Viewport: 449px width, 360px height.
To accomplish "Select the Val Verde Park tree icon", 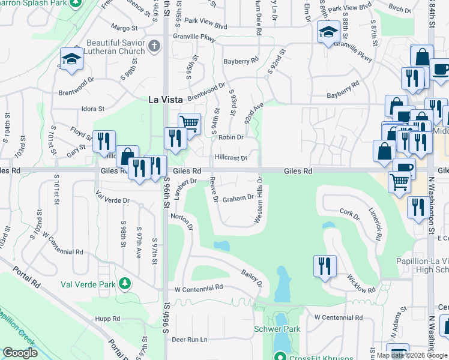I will click(x=125, y=282).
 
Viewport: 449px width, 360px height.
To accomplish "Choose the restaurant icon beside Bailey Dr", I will click(x=325, y=266).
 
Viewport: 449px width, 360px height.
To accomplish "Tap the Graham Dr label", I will click(x=238, y=198).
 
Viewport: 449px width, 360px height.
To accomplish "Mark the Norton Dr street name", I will click(x=181, y=223).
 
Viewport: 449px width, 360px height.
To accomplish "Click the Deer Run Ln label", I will click(x=189, y=340).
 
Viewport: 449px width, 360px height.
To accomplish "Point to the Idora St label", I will click(x=93, y=109).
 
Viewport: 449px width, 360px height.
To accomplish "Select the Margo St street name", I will click(x=124, y=28).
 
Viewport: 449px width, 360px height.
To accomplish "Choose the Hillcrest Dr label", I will click(x=231, y=158).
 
